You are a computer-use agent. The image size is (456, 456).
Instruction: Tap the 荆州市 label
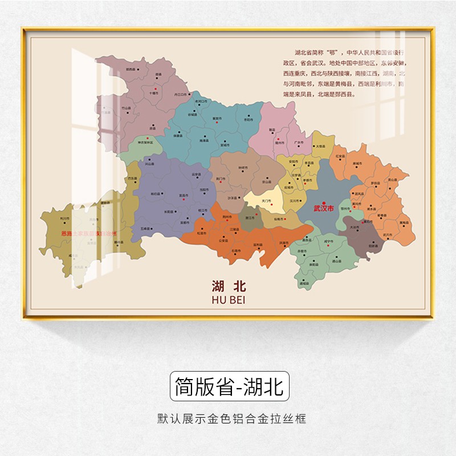[x=227, y=217]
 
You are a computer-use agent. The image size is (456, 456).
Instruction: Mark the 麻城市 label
[x=358, y=163]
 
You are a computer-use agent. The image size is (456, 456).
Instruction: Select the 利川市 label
[x=64, y=218]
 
